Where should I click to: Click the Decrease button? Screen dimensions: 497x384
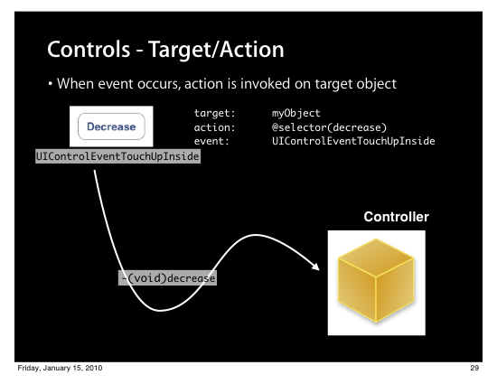point(111,126)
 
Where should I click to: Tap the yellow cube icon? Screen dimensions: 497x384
point(376,280)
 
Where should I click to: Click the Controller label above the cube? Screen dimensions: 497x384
point(396,217)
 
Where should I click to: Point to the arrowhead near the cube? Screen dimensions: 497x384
point(315,267)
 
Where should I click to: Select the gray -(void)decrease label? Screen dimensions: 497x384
point(167,278)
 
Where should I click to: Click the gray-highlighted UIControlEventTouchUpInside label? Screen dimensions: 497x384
point(117,156)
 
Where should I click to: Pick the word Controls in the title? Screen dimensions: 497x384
point(89,50)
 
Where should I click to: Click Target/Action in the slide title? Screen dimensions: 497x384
point(216,50)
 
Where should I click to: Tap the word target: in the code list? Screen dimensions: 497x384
point(214,113)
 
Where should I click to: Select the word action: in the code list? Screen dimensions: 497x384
point(214,127)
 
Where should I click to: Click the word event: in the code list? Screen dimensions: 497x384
point(211,141)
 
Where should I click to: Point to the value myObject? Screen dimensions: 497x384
point(296,113)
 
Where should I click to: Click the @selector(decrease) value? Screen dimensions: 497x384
point(329,127)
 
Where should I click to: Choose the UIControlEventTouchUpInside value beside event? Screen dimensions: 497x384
point(353,141)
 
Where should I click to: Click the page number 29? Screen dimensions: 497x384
point(474,368)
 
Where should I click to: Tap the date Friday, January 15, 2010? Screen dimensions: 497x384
point(60,368)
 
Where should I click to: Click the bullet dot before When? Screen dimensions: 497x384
point(50,84)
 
